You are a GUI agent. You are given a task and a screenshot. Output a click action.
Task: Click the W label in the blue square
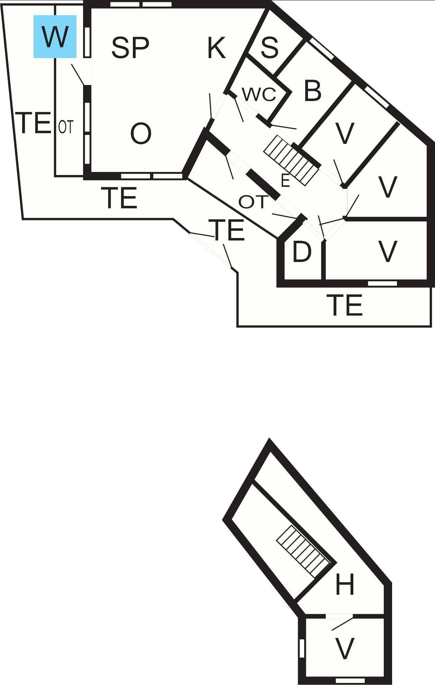pyautogui.click(x=55, y=36)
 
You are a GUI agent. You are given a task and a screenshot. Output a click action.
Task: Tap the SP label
pyautogui.click(x=130, y=47)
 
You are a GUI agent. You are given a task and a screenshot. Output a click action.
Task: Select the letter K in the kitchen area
pyautogui.click(x=217, y=48)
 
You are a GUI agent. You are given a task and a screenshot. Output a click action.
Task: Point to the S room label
pyautogui.click(x=270, y=47)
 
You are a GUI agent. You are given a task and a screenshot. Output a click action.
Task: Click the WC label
pyautogui.click(x=259, y=94)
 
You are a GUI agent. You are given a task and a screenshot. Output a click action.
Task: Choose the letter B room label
pyautogui.click(x=312, y=91)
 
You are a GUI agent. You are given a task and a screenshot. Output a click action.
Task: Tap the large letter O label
pyautogui.click(x=141, y=134)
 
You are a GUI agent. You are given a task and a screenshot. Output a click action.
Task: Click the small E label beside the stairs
pyautogui.click(x=285, y=181)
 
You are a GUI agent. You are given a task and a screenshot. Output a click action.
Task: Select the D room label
pyautogui.click(x=302, y=252)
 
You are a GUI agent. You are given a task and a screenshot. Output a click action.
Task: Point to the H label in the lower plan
pyautogui.click(x=345, y=584)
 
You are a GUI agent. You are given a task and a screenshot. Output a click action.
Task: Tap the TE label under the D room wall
pyautogui.click(x=346, y=305)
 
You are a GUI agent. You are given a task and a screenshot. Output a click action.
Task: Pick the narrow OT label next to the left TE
pyautogui.click(x=65, y=127)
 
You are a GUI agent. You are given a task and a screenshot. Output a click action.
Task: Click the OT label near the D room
pyautogui.click(x=254, y=202)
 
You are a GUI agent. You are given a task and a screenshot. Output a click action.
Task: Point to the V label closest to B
pyautogui.click(x=345, y=133)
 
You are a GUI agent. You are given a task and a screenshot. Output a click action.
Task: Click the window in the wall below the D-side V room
pyautogui.click(x=382, y=284)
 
